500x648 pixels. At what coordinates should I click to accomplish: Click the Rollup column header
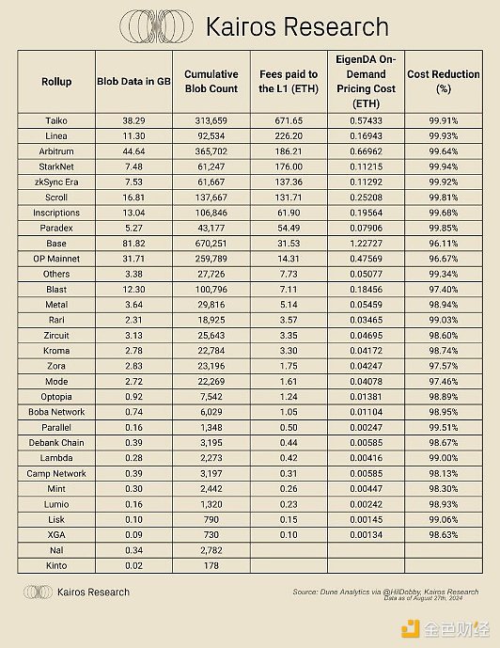tap(56, 82)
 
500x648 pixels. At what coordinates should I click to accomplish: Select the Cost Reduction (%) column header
tap(444, 82)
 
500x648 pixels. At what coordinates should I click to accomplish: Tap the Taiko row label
tap(56, 120)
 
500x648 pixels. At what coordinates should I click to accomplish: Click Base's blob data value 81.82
tap(133, 244)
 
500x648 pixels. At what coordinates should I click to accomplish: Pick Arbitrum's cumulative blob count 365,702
tap(211, 151)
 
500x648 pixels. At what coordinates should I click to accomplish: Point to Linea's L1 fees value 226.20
tap(289, 136)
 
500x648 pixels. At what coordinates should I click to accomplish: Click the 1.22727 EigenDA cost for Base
tap(366, 244)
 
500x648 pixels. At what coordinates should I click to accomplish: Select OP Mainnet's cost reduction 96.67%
tap(444, 259)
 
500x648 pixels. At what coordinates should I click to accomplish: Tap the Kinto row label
tap(56, 565)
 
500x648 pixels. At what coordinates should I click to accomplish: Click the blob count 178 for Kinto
tap(211, 565)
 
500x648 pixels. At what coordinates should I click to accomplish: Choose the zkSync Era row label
tap(56, 182)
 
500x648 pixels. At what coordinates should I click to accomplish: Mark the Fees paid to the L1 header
tap(289, 82)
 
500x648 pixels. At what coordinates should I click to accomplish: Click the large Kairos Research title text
tap(297, 27)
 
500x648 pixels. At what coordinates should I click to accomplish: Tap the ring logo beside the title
tap(156, 26)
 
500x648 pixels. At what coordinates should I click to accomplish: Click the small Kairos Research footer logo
tap(38, 592)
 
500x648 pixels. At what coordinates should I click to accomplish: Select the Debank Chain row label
tap(56, 443)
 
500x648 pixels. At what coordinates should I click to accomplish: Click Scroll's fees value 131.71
tap(289, 198)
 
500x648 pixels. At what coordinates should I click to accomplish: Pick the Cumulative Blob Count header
tap(211, 82)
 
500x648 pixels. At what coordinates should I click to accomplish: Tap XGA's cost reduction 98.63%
tap(444, 535)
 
